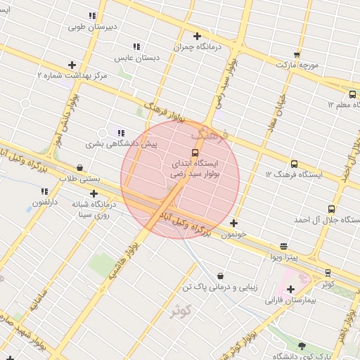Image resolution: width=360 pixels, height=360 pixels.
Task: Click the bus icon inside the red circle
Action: pyautogui.click(x=195, y=153)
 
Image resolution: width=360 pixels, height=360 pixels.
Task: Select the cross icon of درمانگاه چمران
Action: pyautogui.click(x=197, y=36)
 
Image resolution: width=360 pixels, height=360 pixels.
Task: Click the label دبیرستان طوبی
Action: pyautogui.click(x=92, y=27)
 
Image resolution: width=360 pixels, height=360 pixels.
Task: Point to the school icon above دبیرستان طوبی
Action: pyautogui.click(x=92, y=15)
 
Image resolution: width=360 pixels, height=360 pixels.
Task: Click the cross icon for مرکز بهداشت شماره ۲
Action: pyautogui.click(x=72, y=65)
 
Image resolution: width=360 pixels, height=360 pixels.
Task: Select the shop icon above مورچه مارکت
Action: pyautogui.click(x=297, y=54)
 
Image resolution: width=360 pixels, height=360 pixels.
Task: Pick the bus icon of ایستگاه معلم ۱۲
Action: pyautogui.click(x=352, y=94)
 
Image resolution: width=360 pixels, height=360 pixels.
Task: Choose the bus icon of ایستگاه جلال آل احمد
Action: pyautogui.click(x=331, y=209)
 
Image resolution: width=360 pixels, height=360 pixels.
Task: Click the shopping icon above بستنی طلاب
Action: pyautogui.click(x=79, y=168)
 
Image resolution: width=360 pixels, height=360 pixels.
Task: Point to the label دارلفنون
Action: pyautogui.click(x=45, y=203)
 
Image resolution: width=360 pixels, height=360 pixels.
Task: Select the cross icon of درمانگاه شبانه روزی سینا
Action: pyautogui.click(x=94, y=193)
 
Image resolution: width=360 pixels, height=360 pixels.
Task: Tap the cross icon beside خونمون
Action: pyautogui.click(x=233, y=223)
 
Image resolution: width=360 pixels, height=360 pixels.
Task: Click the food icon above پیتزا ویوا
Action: pyautogui.click(x=284, y=246)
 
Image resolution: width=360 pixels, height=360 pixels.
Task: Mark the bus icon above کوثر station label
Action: pyautogui.click(x=328, y=273)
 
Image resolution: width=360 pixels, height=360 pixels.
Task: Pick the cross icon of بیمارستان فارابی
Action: pyautogui.click(x=290, y=289)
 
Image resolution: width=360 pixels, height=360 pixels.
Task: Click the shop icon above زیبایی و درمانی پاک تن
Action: pyautogui.click(x=221, y=276)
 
